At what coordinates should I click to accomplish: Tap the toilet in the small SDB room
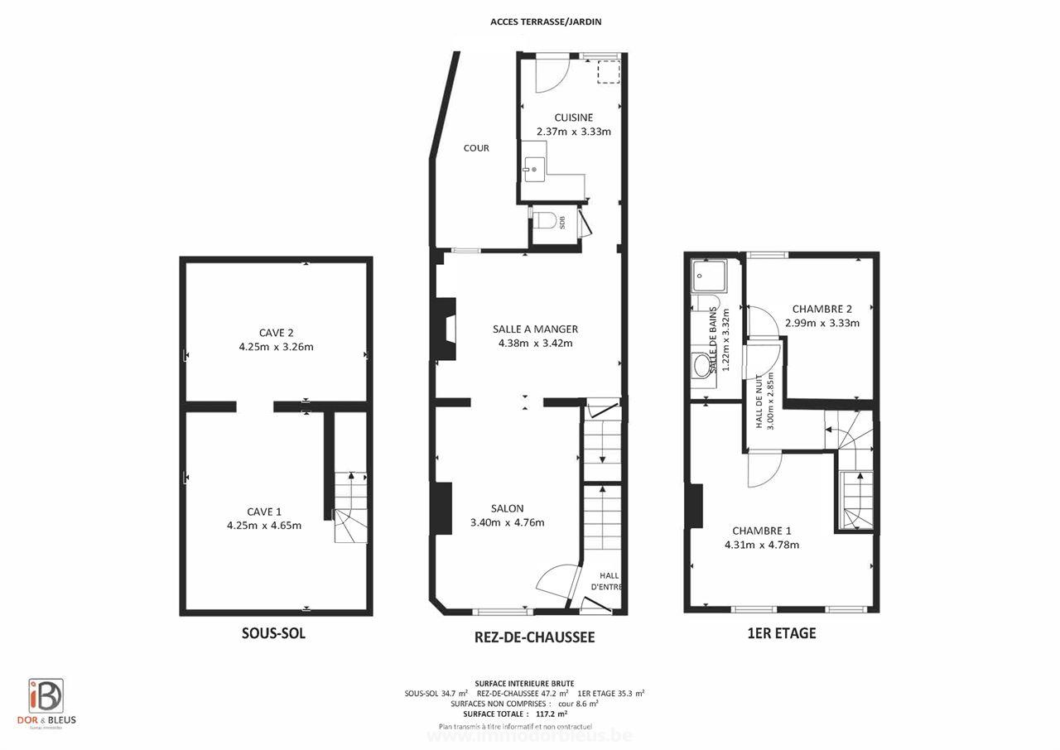543,221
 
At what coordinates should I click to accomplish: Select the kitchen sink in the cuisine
533,169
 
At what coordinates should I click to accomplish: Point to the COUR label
476,148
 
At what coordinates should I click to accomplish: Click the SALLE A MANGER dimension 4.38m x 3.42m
534,343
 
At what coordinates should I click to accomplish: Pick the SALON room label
507,508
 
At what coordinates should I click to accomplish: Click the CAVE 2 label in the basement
276,333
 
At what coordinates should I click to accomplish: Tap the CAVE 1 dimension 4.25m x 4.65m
264,525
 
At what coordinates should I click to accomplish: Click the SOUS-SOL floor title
273,633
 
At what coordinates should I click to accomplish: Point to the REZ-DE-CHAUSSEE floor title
534,637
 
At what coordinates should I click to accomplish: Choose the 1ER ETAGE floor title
781,633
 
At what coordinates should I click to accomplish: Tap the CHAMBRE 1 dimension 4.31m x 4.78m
761,545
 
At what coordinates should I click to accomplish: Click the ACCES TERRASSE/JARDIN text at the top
546,22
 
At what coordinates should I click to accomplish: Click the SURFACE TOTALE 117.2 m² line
515,713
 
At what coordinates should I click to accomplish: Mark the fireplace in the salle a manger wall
446,329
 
